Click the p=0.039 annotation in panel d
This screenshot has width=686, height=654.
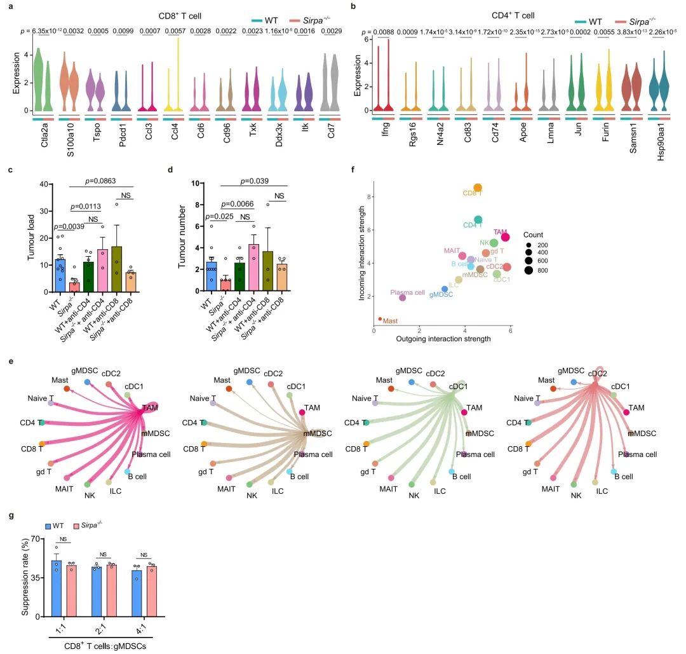253,181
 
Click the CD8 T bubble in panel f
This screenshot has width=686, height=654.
478,187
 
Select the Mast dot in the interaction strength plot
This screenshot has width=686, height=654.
380,319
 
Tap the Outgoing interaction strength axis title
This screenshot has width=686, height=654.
443,339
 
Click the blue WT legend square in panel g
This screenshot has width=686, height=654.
48,526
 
